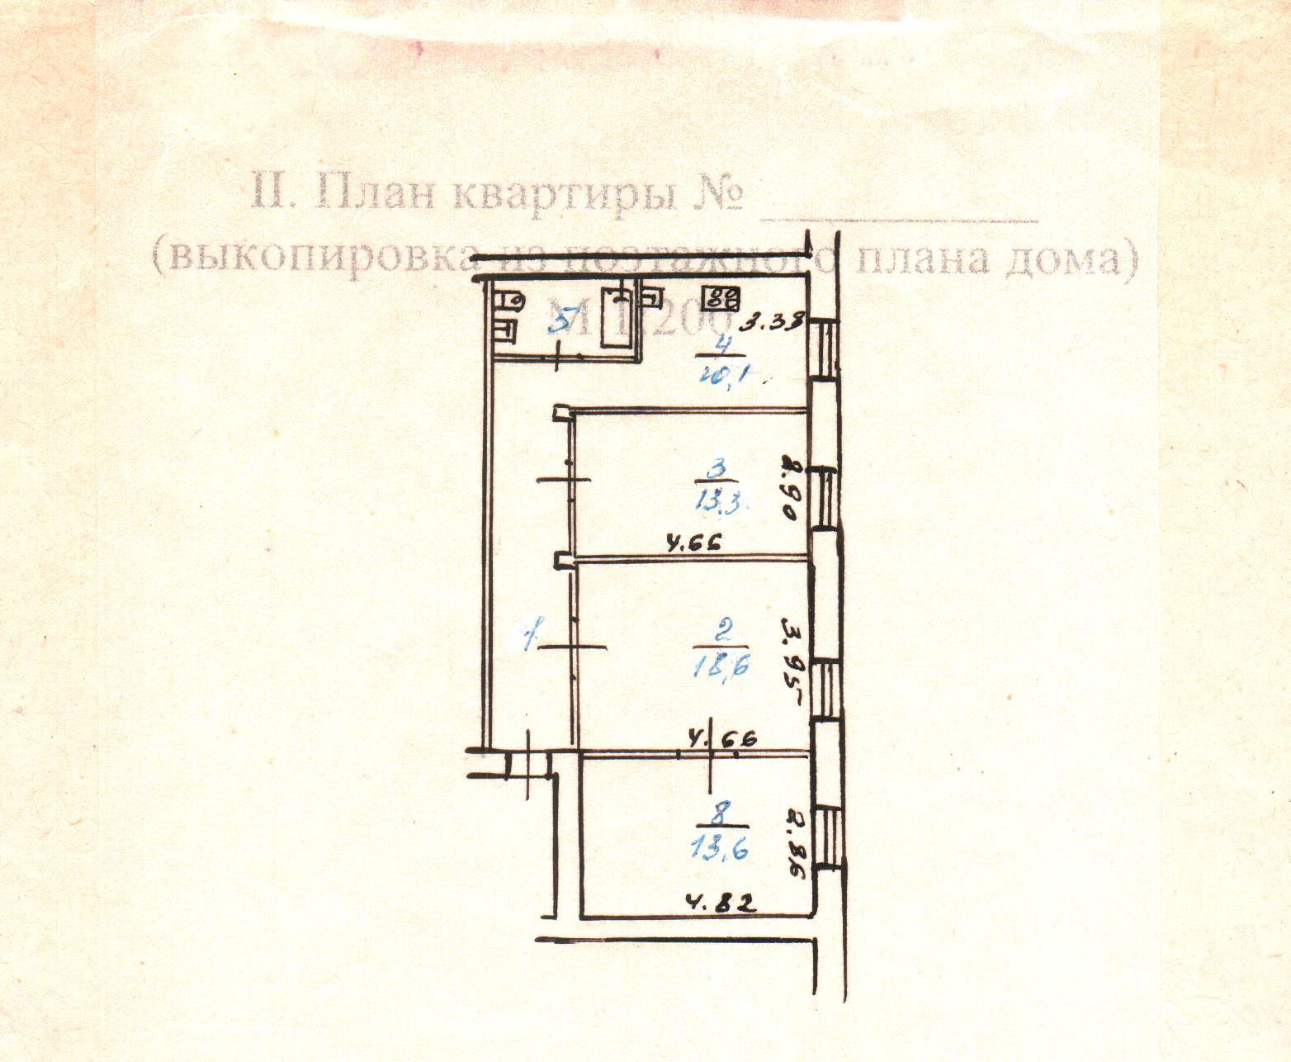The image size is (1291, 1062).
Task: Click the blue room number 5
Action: click(x=559, y=323)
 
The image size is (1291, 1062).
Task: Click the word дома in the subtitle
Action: click(x=1069, y=258)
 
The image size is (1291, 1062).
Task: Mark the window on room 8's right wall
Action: click(x=826, y=835)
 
